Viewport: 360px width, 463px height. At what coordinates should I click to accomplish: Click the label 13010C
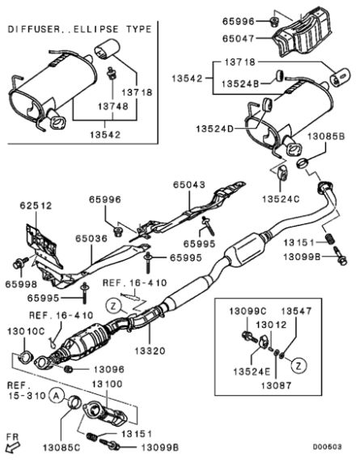[24, 332]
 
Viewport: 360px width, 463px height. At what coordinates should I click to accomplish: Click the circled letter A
[56, 396]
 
